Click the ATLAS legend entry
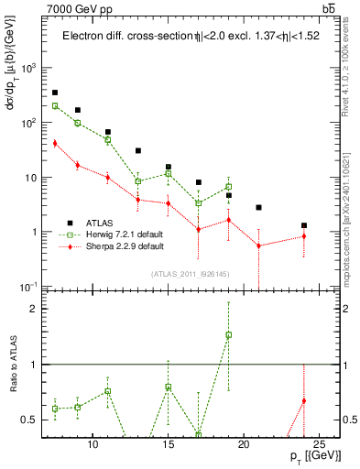point(101,223)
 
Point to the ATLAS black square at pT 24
point(304,225)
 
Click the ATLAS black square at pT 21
point(259,208)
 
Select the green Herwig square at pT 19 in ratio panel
point(229,334)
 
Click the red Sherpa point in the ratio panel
point(304,400)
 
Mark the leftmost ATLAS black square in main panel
point(55,93)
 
